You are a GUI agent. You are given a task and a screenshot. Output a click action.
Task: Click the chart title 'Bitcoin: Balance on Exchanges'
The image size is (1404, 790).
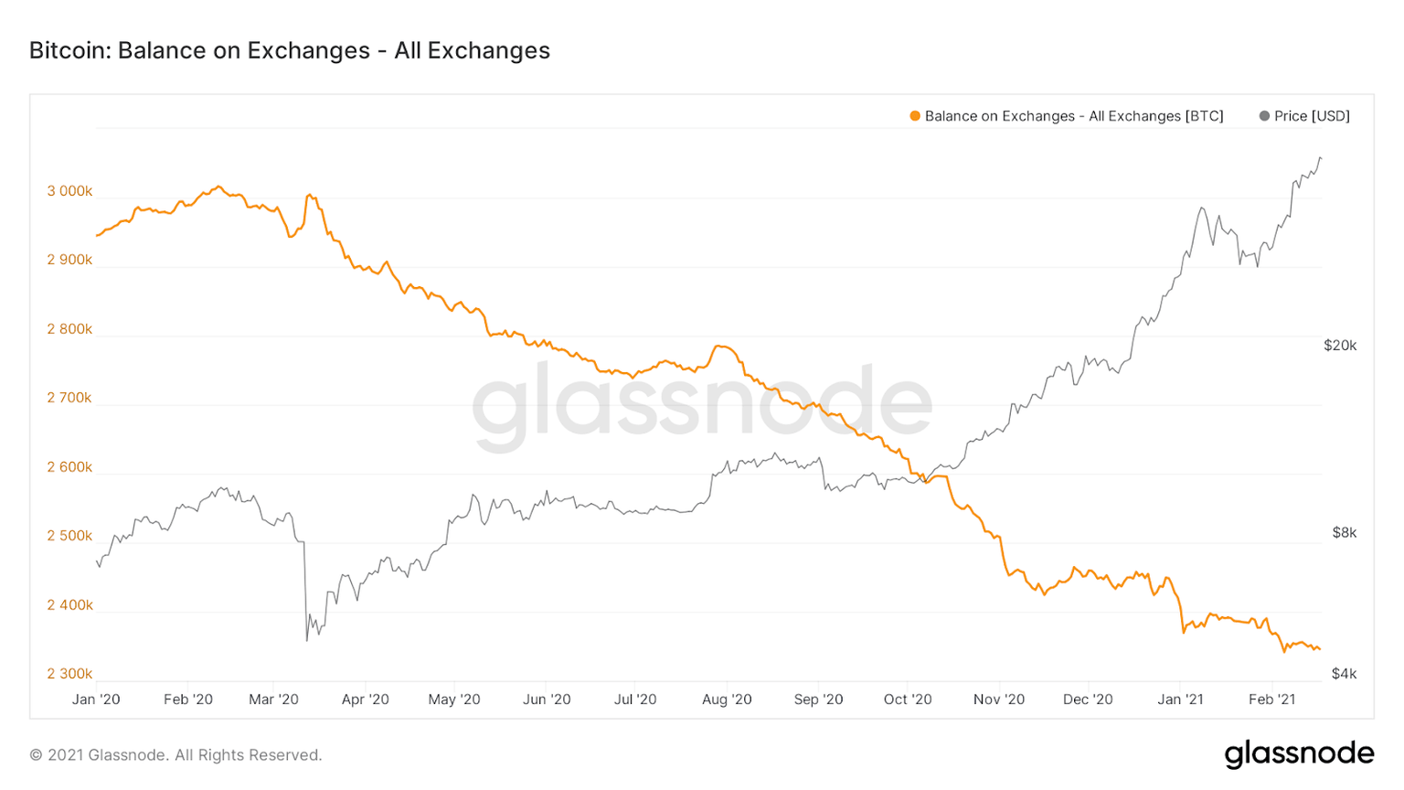click(289, 50)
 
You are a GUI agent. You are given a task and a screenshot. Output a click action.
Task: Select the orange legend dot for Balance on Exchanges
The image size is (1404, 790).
click(915, 116)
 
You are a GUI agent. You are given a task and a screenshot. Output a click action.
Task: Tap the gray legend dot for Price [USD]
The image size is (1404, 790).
click(1264, 116)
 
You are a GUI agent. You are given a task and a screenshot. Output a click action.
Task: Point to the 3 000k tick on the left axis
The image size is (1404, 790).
click(69, 191)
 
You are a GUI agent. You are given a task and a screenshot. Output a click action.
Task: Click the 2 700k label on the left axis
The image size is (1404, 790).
click(69, 398)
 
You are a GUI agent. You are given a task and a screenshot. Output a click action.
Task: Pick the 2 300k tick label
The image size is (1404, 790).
click(69, 674)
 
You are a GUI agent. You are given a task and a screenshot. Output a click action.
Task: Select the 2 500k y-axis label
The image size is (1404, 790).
click(69, 536)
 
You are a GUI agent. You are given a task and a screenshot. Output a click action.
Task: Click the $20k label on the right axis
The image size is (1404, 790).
click(1340, 346)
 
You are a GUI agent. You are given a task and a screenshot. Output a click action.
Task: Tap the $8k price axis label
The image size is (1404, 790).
click(1344, 532)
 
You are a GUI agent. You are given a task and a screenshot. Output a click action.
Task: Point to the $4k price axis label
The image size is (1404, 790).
click(1344, 674)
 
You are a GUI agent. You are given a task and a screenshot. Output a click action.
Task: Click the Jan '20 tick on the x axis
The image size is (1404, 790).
click(96, 699)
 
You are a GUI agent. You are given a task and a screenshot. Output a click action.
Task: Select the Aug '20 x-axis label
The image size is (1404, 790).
click(727, 699)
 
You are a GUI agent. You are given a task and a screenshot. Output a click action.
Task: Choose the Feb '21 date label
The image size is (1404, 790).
click(1272, 699)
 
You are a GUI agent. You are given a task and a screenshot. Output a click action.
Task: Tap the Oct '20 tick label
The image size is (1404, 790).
click(908, 699)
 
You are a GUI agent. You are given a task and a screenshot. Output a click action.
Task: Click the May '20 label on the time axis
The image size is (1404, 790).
click(454, 699)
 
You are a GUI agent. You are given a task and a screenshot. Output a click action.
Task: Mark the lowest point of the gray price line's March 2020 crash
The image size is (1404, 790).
click(307, 640)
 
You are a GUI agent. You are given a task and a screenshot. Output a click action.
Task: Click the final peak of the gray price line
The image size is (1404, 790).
click(1320, 158)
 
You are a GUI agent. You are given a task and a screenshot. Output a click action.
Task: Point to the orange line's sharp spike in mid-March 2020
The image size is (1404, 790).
click(310, 195)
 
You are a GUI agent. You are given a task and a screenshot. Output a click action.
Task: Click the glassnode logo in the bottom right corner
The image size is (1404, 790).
click(1299, 754)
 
